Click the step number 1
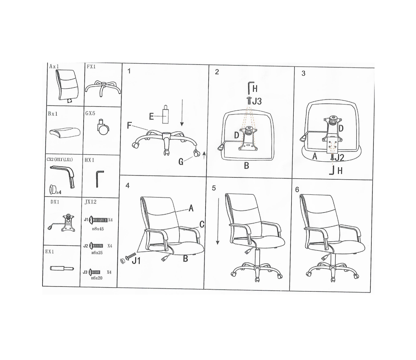coord(129,71)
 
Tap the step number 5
coord(214,188)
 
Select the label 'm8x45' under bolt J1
coord(98,229)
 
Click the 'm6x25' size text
coord(97,253)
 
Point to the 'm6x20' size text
coord(97,278)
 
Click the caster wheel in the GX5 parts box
coord(103,128)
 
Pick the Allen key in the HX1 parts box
coord(99,179)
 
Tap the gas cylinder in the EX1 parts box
coord(62,268)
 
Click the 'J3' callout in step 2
coord(256,101)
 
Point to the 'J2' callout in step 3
coord(339,158)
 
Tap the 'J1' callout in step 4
coord(136,261)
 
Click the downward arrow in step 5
coord(218,221)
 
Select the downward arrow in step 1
coord(182,112)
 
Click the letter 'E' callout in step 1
coord(151,116)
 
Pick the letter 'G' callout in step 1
coord(181,161)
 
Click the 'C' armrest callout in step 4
coord(202,224)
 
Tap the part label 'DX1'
coord(55,202)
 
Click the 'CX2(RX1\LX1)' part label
coord(60,160)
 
